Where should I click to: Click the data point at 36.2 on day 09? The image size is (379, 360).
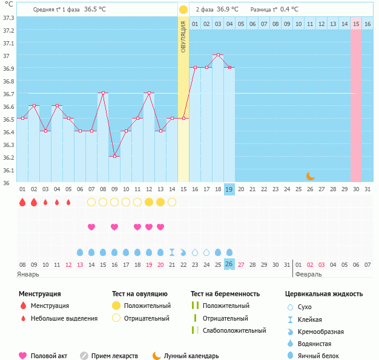[x=114, y=156]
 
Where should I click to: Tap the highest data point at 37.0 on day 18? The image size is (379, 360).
[x=218, y=55]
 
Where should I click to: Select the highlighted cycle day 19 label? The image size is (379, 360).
[x=229, y=189]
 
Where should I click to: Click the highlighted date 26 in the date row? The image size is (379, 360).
[x=229, y=264]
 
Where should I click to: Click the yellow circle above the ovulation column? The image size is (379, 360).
[x=183, y=10]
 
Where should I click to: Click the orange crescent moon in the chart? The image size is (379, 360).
[x=310, y=175]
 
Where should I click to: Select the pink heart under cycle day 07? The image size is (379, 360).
[x=91, y=227]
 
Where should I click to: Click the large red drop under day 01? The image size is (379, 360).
[x=22, y=202]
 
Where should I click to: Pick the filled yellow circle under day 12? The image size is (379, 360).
[x=149, y=202]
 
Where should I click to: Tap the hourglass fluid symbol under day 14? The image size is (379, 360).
[x=172, y=252]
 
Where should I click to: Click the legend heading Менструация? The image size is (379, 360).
[x=39, y=294]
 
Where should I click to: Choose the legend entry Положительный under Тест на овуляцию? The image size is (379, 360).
[x=147, y=306]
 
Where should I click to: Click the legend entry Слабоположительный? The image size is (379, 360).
[x=234, y=330]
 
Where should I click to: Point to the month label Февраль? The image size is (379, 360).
[x=308, y=274]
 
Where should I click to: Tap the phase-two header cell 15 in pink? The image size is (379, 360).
[x=356, y=24]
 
